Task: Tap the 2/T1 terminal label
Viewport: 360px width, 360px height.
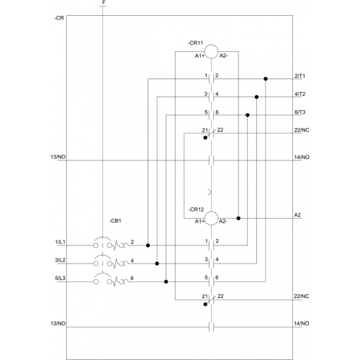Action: (300, 76)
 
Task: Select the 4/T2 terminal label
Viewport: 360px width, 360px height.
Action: (300, 94)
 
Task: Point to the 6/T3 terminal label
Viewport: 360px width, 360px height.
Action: (300, 112)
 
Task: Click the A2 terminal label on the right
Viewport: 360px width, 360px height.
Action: (297, 215)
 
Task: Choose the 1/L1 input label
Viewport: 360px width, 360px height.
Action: (60, 242)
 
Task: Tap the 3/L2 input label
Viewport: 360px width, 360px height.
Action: (60, 260)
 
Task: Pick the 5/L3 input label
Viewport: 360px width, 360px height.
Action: (60, 278)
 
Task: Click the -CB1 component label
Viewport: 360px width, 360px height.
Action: (115, 221)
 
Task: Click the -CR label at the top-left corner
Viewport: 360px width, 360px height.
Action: (59, 18)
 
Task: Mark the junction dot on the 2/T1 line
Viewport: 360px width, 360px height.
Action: (266, 78)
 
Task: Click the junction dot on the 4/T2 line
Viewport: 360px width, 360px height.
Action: (256, 97)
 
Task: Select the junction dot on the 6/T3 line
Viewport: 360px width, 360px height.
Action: (248, 115)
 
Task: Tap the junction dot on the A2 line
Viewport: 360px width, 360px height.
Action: (238, 218)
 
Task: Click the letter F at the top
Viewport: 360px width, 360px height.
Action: (104, 3)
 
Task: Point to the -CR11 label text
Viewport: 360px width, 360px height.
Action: (195, 43)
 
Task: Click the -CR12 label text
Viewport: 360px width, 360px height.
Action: (196, 210)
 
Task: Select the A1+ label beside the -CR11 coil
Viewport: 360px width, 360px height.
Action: (199, 55)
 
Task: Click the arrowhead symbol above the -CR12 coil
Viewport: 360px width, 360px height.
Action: (210, 192)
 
